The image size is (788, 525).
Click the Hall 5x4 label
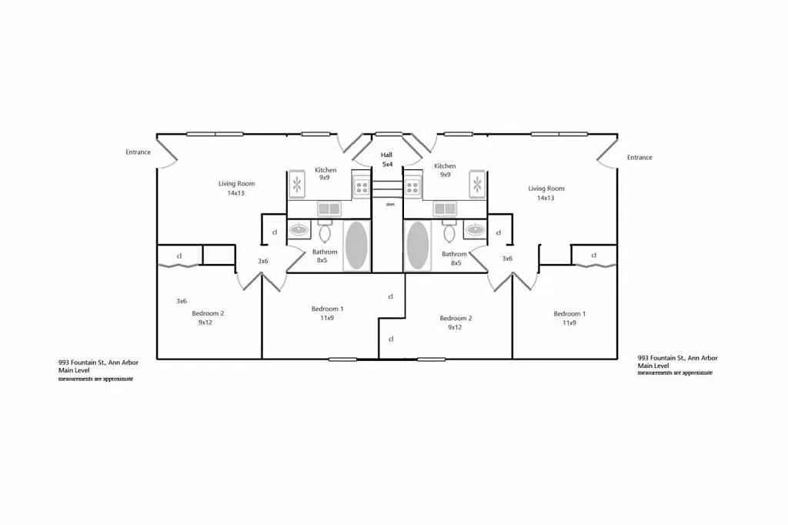pos(387,159)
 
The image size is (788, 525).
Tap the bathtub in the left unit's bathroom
pos(356,246)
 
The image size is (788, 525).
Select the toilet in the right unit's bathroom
pos(449,232)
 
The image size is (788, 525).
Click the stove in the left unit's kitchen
pos(361,186)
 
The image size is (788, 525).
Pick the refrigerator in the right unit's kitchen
pos(477,185)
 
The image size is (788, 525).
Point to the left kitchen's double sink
pos(330,209)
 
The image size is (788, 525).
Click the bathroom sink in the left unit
pos(299,229)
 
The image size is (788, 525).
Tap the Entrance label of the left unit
pos(139,152)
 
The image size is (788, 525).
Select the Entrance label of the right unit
pos(639,158)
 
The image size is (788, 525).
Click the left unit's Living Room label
pos(236,184)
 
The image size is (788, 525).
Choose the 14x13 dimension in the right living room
pos(546,198)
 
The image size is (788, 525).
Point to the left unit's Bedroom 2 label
pos(208,313)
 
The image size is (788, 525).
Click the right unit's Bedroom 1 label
pos(569,313)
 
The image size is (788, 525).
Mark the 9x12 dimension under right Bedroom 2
pos(456,327)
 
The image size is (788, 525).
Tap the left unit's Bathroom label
pos(325,252)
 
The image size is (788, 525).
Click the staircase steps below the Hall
pos(387,189)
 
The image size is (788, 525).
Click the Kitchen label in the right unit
pos(445,166)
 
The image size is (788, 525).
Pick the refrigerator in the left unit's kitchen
pos(298,185)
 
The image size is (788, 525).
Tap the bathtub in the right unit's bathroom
pos(418,246)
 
